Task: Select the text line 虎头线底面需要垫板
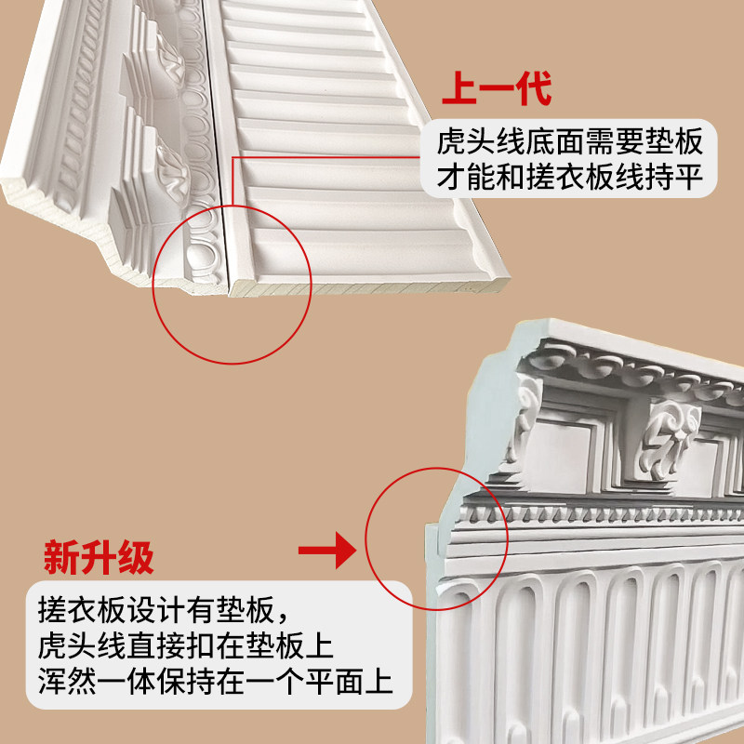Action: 568,143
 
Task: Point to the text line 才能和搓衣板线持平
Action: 568,177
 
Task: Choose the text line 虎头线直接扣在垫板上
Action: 186,646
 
